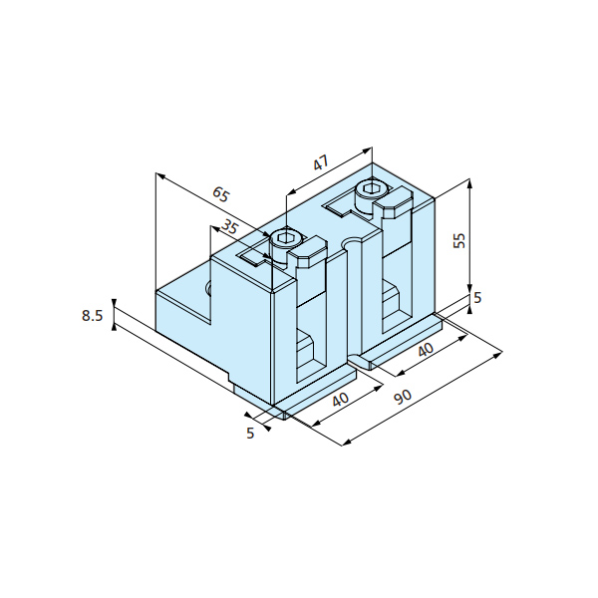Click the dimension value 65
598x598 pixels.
[221, 195]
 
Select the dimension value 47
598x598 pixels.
[321, 163]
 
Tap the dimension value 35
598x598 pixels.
[229, 227]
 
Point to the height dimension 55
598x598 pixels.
[460, 240]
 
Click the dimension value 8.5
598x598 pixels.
[93, 316]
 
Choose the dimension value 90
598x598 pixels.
[403, 397]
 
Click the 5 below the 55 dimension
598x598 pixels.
[477, 297]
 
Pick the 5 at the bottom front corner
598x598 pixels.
[250, 434]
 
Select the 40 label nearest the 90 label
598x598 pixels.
[341, 400]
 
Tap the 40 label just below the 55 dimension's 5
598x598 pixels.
[426, 350]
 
